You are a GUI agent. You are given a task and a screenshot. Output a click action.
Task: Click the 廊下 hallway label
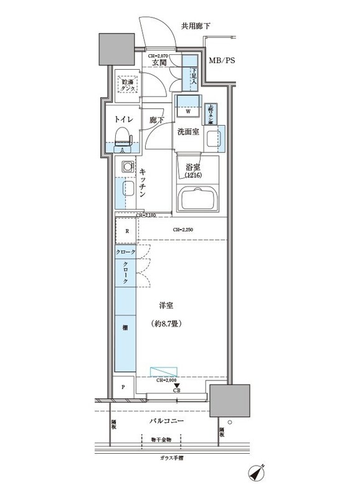click(157, 120)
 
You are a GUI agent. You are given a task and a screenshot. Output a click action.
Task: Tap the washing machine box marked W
click(187, 108)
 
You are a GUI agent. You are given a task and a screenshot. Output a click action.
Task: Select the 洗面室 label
click(187, 132)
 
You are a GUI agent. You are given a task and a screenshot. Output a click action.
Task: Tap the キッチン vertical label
click(143, 183)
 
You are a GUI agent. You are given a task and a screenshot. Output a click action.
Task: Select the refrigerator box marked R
click(126, 231)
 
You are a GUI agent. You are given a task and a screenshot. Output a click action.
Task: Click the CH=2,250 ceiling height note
click(183, 230)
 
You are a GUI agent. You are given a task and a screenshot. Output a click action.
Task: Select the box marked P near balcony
click(123, 387)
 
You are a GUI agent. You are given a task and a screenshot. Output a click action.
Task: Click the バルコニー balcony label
click(166, 421)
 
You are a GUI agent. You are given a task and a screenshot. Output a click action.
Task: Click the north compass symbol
click(256, 474)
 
